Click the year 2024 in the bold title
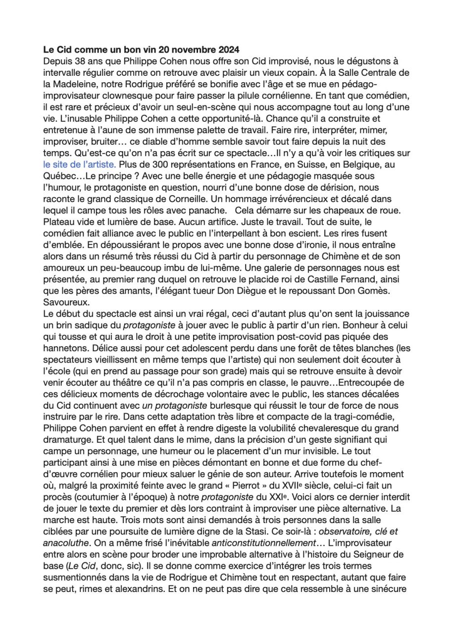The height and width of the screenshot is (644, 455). pyautogui.click(x=228, y=50)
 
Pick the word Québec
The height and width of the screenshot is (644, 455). pyautogui.click(x=58, y=176)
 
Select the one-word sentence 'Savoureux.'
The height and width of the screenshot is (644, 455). pyautogui.click(x=65, y=302)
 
